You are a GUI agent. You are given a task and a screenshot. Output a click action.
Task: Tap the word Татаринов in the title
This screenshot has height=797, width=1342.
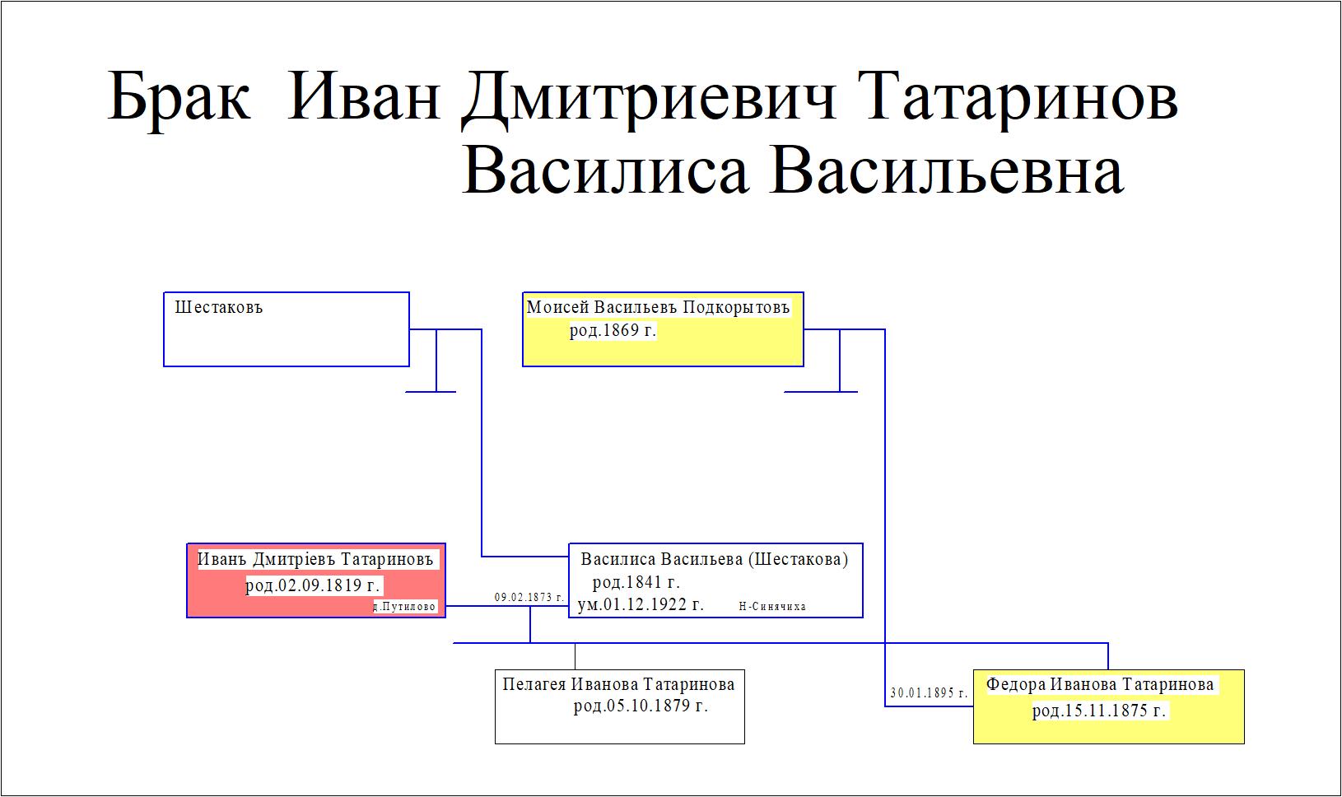[x=1018, y=98]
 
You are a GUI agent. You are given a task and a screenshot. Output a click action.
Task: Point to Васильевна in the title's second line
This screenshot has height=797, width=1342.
[x=947, y=170]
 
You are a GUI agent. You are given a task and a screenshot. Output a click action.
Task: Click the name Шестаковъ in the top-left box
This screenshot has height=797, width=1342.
[x=219, y=307]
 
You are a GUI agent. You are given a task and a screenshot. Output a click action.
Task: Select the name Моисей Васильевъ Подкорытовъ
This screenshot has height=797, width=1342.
[x=658, y=307]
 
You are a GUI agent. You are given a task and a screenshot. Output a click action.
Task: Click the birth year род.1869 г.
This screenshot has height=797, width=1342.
[x=613, y=330]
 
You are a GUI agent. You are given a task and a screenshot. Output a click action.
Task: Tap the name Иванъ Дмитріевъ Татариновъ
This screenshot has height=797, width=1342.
[x=315, y=559]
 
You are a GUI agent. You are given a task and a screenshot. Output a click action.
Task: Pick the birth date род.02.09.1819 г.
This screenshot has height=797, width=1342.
[x=314, y=585]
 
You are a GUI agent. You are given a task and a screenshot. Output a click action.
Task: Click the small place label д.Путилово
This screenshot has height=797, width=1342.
[x=404, y=607]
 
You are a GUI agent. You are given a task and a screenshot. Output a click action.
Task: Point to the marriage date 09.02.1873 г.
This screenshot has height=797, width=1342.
[x=529, y=598]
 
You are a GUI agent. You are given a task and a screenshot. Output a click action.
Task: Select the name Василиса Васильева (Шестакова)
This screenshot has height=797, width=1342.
[x=714, y=559]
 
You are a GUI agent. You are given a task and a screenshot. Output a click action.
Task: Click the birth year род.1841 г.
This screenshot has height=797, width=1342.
[x=636, y=582]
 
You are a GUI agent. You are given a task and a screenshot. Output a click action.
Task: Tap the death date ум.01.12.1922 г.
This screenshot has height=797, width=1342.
[x=641, y=604]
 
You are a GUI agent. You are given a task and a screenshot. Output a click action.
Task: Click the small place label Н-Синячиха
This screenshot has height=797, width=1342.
[x=771, y=607]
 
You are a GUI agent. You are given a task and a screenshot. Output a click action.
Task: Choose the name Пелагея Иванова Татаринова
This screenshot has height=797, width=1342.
[x=618, y=684]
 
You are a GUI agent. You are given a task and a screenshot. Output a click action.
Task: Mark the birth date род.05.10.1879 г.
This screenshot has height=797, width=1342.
[x=641, y=706]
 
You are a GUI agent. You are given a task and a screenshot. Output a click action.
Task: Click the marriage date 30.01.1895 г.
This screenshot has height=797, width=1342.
[x=929, y=692]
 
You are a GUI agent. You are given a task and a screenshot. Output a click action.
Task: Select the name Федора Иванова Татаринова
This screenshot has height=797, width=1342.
[x=1100, y=684]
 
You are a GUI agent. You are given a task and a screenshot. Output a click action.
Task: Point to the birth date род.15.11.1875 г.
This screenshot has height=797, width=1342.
[x=1099, y=711]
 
